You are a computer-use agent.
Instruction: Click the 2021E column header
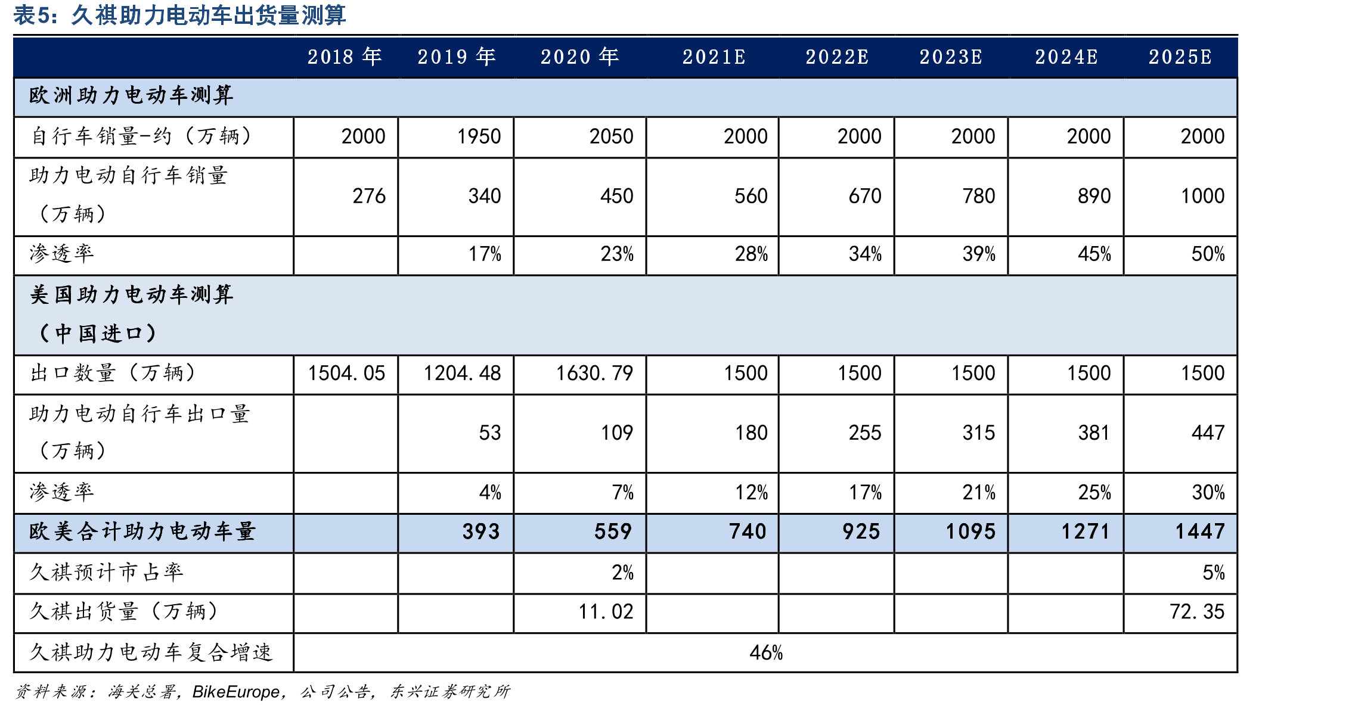click(714, 57)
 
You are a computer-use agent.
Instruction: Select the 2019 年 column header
click(457, 57)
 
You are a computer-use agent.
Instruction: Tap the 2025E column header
click(1180, 57)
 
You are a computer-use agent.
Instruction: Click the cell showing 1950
click(479, 136)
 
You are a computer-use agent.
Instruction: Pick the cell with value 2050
click(611, 136)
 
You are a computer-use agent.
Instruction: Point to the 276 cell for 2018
click(369, 196)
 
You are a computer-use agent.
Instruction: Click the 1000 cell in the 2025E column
click(1202, 196)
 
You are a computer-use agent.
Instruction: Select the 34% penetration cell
click(865, 254)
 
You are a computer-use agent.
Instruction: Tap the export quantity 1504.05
click(346, 374)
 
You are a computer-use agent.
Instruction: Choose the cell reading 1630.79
click(594, 374)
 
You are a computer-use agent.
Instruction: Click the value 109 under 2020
click(617, 433)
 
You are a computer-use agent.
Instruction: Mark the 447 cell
click(1208, 433)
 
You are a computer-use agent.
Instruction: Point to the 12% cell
click(751, 493)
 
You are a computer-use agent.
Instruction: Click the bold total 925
click(861, 531)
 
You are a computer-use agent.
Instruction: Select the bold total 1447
click(1200, 531)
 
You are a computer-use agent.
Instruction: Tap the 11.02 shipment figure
click(606, 612)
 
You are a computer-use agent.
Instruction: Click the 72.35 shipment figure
click(1197, 612)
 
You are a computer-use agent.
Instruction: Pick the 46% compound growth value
click(766, 653)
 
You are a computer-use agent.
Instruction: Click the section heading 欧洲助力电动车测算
click(131, 95)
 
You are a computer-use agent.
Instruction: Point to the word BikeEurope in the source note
click(236, 692)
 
